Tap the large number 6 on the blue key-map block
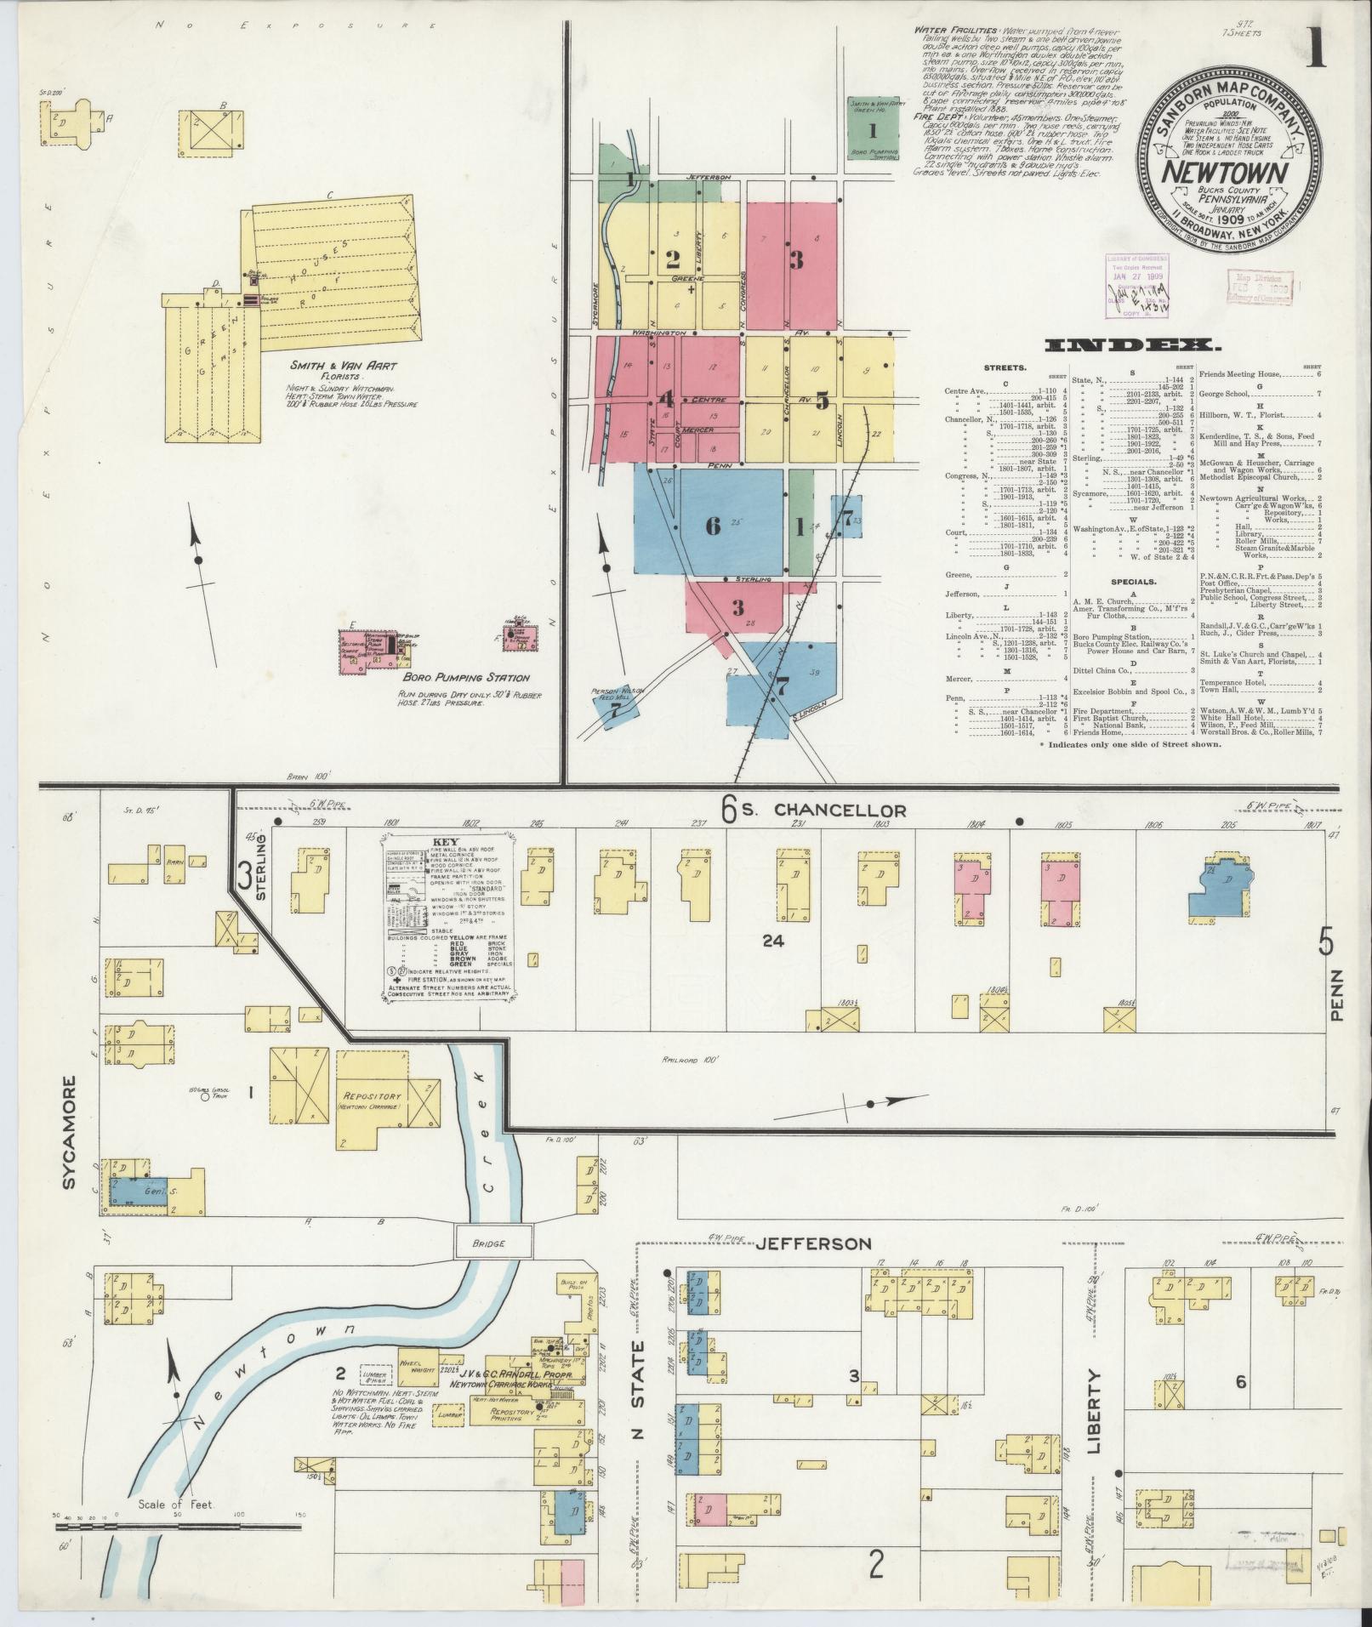[713, 526]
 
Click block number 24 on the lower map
[772, 941]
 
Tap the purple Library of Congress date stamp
[1137, 286]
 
